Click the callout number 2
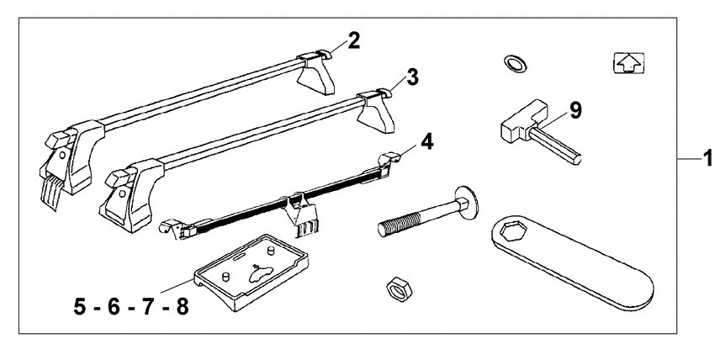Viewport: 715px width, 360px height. pyautogui.click(x=353, y=41)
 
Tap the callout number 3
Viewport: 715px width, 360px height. pyautogui.click(x=412, y=77)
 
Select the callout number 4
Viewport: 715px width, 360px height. pyautogui.click(x=426, y=141)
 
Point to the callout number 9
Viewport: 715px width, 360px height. pyautogui.click(x=575, y=111)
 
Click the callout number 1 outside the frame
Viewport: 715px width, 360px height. pyautogui.click(x=708, y=159)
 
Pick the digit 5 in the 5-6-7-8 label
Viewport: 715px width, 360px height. pyautogui.click(x=80, y=307)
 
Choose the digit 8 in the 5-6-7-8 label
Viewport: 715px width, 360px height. pyautogui.click(x=182, y=307)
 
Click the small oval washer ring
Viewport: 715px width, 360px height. pyautogui.click(x=515, y=62)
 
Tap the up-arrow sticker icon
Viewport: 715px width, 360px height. pyautogui.click(x=629, y=62)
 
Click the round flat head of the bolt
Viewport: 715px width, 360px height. pyautogui.click(x=466, y=200)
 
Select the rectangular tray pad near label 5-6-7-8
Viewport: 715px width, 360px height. pyautogui.click(x=252, y=271)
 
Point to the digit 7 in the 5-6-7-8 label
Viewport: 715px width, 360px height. pyautogui.click(x=148, y=307)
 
